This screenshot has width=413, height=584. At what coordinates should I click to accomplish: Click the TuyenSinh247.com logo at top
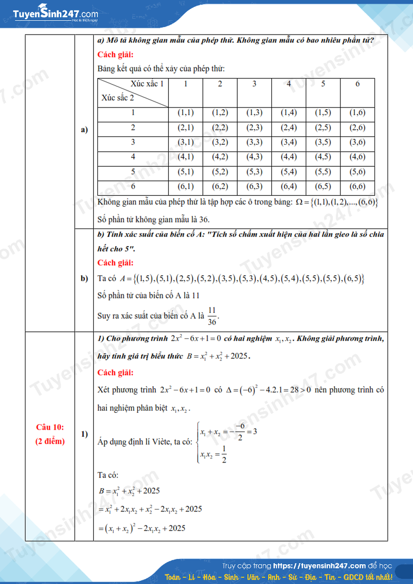coord(55,15)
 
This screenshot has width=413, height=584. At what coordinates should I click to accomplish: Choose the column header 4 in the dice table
coord(289,84)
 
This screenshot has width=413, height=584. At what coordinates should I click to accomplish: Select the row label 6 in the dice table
coord(133,187)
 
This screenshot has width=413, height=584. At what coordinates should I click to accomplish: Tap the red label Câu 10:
coord(50,427)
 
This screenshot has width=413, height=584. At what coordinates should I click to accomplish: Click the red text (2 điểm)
coord(50,441)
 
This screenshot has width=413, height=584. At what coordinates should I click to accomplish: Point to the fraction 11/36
coord(212,316)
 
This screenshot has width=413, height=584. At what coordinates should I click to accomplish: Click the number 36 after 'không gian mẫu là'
coord(204,220)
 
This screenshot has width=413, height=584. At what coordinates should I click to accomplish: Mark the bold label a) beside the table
coord(84,130)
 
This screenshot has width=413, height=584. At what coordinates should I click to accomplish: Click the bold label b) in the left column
coord(84,278)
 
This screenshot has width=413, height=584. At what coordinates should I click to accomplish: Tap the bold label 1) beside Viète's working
coord(84,434)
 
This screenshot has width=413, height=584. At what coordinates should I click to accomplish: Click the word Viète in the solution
coord(162,442)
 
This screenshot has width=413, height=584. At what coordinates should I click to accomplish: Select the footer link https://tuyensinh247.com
coord(319,566)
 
